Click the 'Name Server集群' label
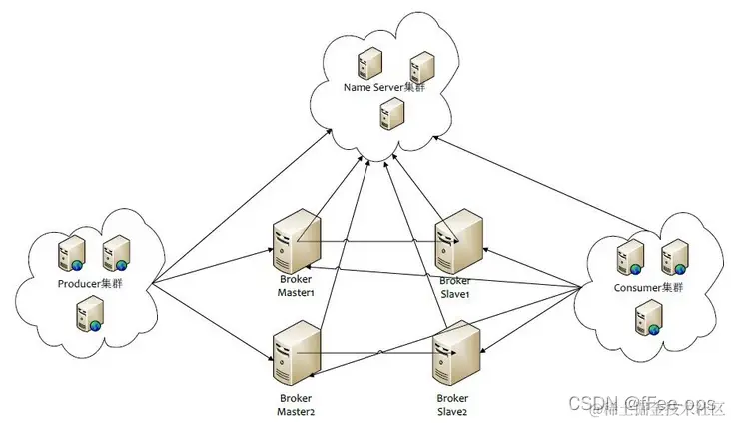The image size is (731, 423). click(x=382, y=87)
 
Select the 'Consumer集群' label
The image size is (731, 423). click(x=649, y=288)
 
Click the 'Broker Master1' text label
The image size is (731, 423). click(x=296, y=286)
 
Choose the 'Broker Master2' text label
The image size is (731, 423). click(x=296, y=404)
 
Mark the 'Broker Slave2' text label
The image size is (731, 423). click(x=451, y=404)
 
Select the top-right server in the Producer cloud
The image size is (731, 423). click(x=116, y=253)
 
